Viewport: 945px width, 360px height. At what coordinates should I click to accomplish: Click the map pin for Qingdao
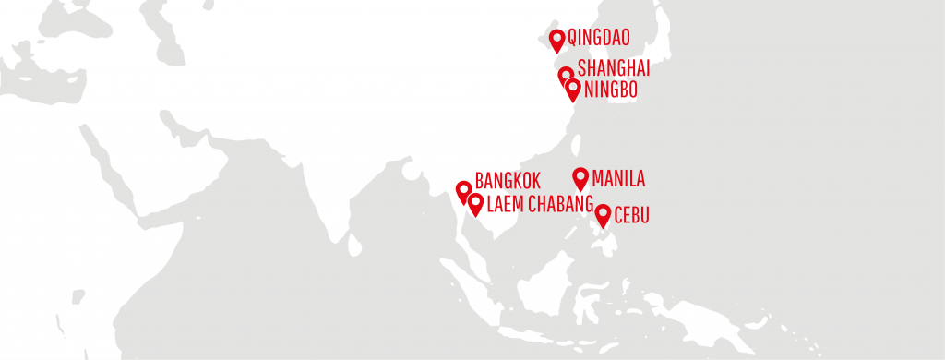coord(556,40)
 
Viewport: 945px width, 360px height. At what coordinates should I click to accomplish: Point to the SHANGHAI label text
coord(614,68)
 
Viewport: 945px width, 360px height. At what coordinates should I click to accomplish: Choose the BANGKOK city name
coord(507,181)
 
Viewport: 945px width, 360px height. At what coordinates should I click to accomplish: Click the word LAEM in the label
coord(505,204)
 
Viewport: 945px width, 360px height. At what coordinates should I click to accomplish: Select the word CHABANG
coord(560,204)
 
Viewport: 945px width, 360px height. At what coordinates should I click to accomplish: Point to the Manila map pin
coord(580,177)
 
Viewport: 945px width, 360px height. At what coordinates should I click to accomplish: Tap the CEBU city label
coord(632,216)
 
